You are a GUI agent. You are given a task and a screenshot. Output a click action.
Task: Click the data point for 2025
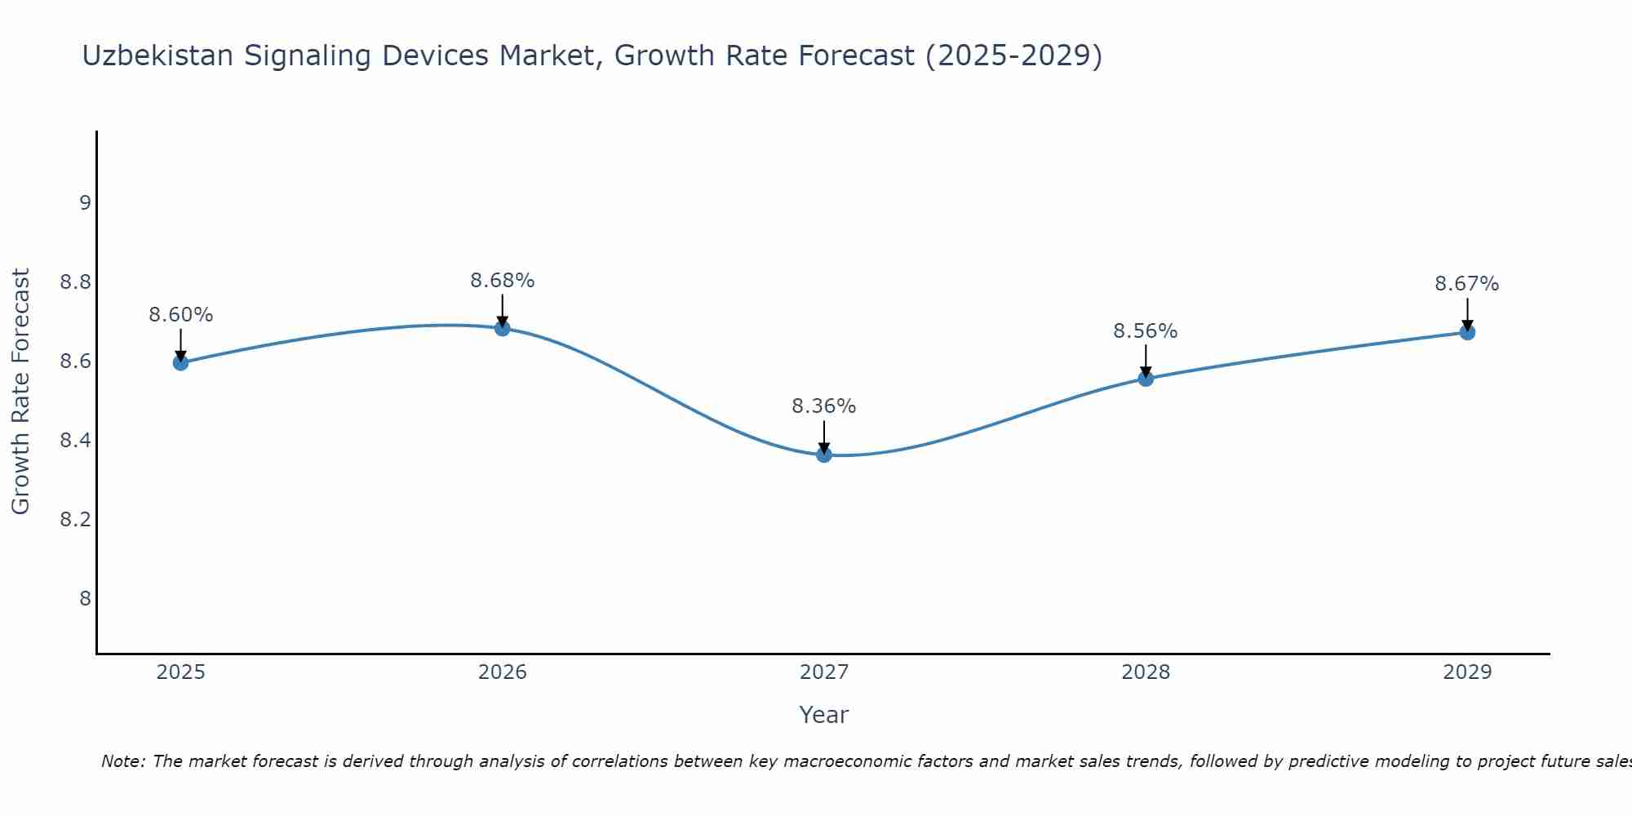click(181, 362)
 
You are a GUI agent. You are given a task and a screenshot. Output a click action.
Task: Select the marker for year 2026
click(503, 328)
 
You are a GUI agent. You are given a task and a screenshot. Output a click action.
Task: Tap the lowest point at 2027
click(824, 455)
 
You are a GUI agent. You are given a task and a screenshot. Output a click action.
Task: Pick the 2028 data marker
click(1146, 378)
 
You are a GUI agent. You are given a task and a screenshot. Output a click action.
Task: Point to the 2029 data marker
click(1467, 332)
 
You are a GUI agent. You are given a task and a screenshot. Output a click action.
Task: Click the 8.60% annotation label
click(181, 315)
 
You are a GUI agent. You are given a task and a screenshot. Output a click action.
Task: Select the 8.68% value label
click(503, 281)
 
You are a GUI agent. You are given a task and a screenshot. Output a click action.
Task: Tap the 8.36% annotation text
click(824, 406)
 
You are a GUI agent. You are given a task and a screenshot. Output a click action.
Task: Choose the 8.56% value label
click(1146, 331)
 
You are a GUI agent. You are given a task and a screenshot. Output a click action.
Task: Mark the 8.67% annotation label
click(1467, 284)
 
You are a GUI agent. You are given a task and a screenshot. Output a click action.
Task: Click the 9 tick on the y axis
click(85, 203)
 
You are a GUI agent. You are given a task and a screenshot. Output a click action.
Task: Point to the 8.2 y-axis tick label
click(75, 520)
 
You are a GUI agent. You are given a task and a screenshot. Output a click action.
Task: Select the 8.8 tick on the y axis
click(75, 282)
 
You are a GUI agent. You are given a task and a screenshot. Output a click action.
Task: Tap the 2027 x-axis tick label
click(824, 672)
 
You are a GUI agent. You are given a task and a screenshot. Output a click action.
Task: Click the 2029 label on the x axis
click(1467, 672)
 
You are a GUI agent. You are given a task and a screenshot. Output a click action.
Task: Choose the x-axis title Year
click(824, 715)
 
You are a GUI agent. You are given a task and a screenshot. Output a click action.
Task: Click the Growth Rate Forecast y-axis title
click(21, 392)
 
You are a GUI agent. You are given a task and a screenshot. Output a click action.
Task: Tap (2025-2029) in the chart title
click(1013, 55)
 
